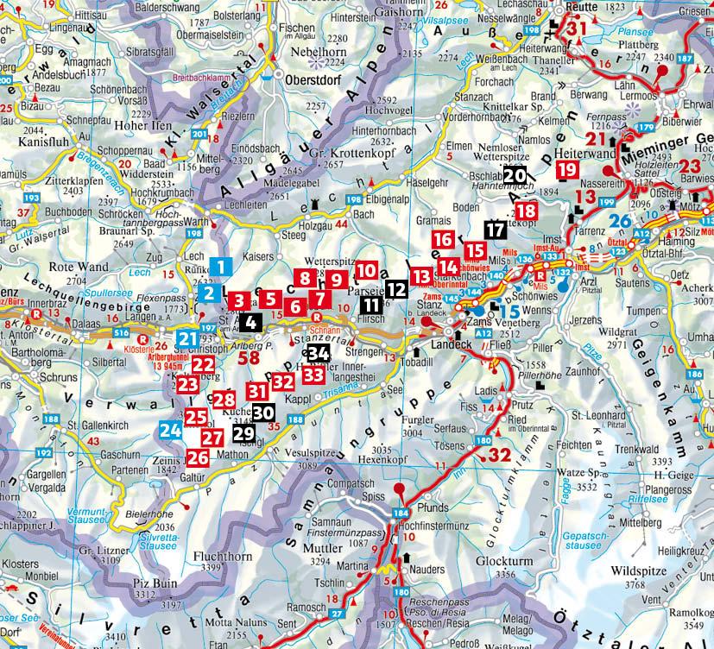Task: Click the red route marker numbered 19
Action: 567,170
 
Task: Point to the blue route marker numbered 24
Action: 170,428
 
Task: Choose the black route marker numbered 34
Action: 318,352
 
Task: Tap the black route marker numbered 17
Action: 496,230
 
